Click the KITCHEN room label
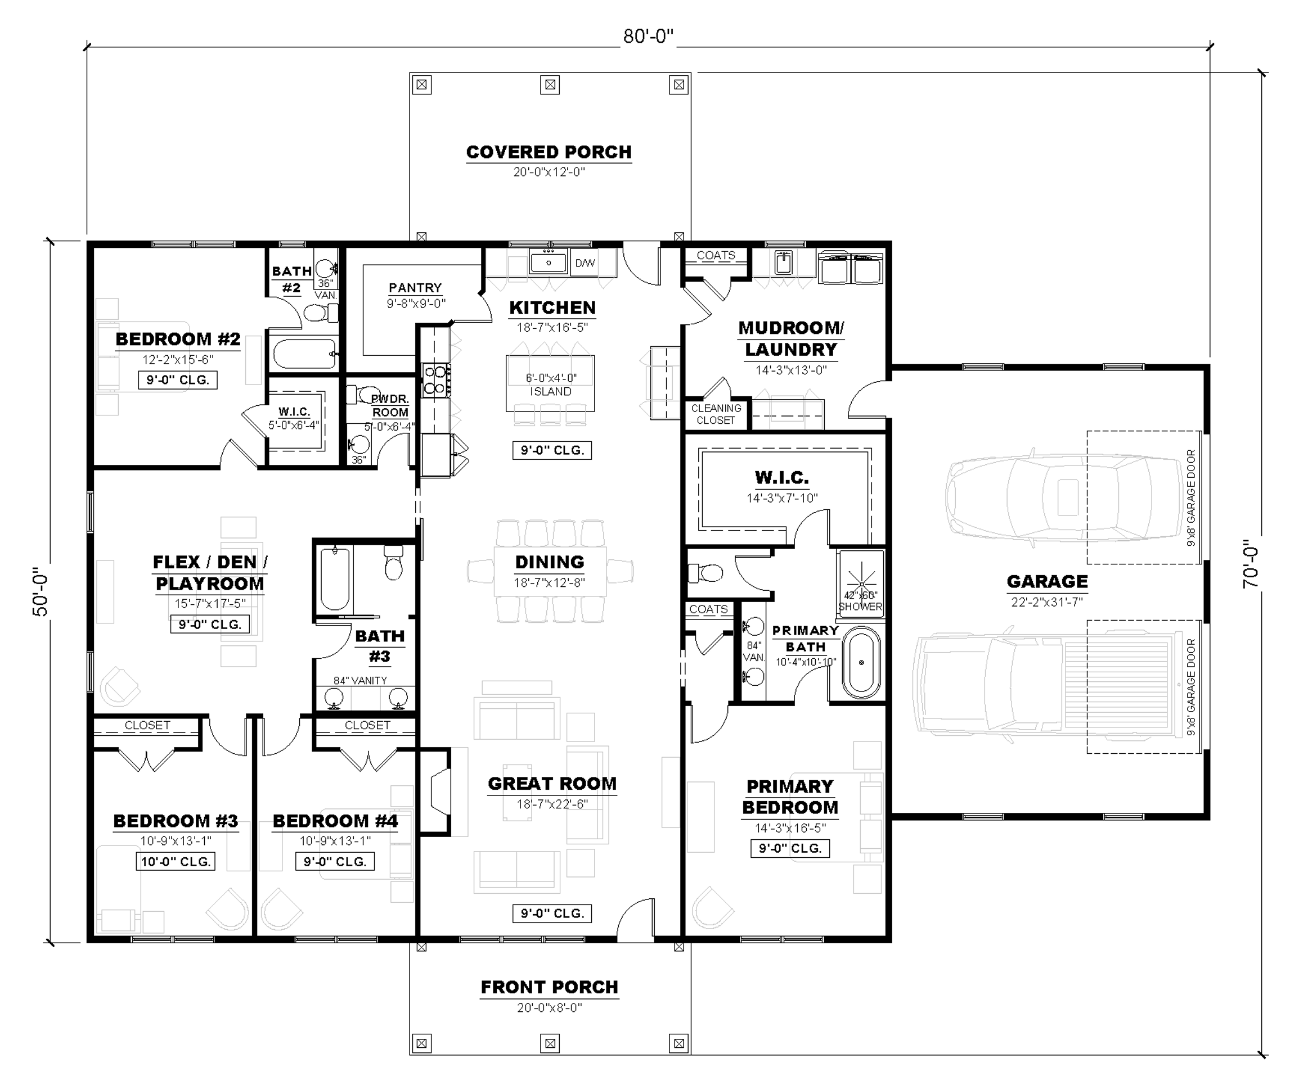click(552, 307)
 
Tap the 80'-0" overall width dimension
click(649, 37)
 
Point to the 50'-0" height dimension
click(40, 591)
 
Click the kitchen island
click(550, 383)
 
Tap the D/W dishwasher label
click(585, 263)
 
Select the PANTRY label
click(415, 288)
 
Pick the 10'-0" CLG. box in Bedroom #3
click(176, 862)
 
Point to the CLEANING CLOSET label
click(716, 414)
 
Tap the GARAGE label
click(1047, 581)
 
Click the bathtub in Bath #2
click(304, 354)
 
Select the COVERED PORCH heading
click(549, 152)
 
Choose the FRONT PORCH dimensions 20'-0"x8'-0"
click(549, 1007)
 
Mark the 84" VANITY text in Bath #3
click(360, 680)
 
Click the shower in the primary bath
click(860, 584)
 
